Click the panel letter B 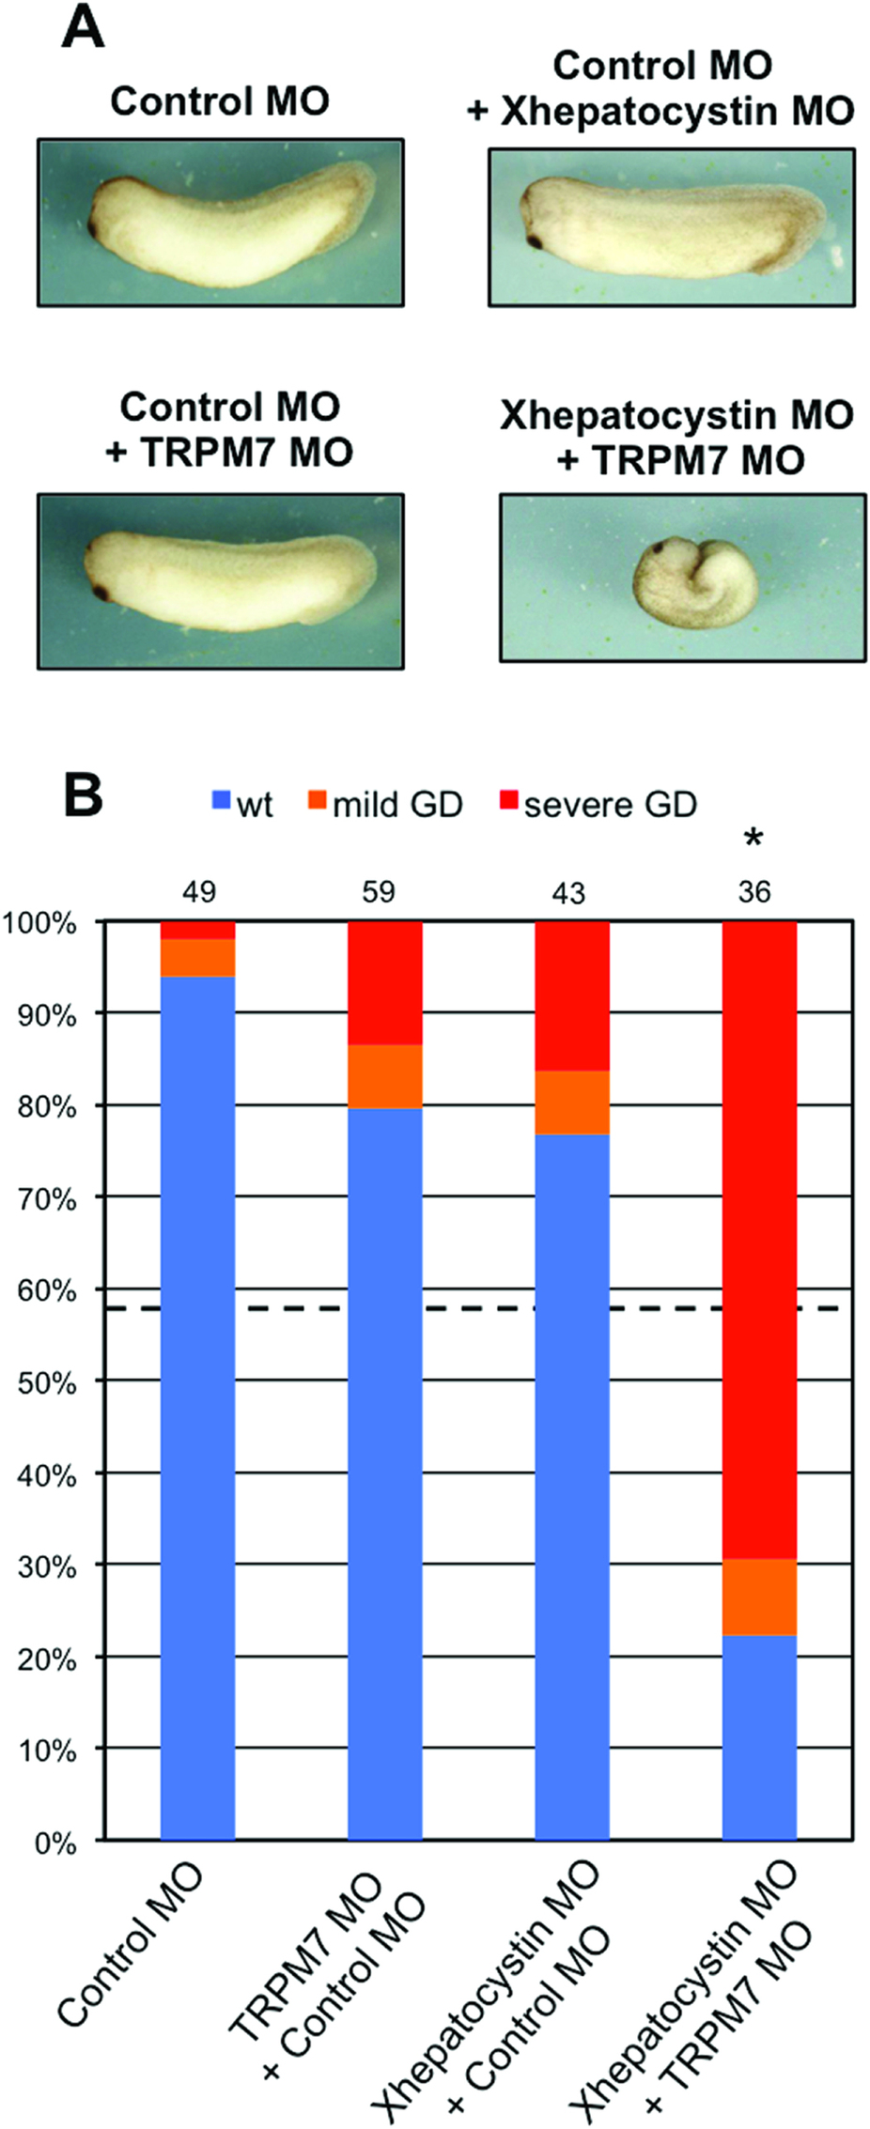click(x=82, y=795)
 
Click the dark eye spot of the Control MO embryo click(x=95, y=227)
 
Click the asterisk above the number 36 click(x=753, y=839)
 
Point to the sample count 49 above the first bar click(x=198, y=891)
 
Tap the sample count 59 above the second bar click(x=379, y=891)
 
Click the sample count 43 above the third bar click(x=568, y=891)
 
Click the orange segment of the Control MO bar click(x=198, y=958)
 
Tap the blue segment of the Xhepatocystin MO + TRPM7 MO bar click(x=759, y=1737)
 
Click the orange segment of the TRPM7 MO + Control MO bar click(x=385, y=1076)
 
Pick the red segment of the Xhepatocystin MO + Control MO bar click(x=572, y=995)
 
